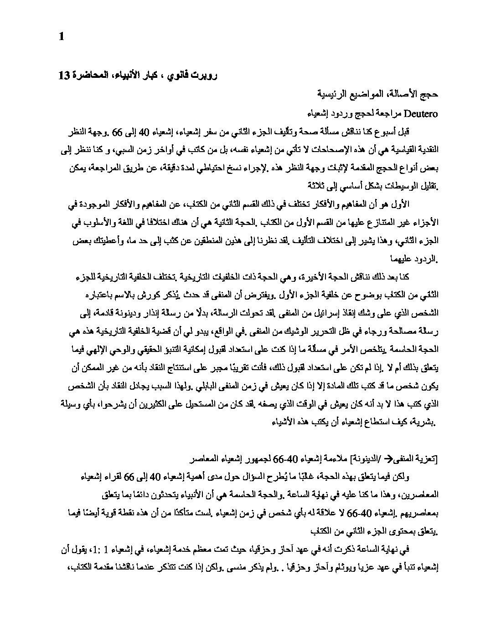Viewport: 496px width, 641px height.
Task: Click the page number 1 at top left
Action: point(62,36)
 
